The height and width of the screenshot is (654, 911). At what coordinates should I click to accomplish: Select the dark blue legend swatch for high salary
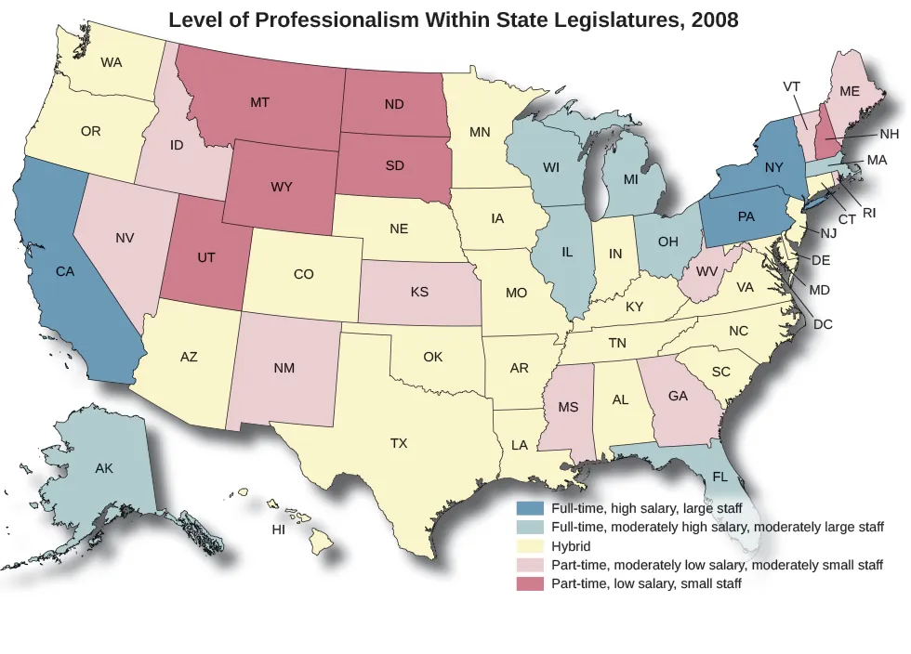click(531, 508)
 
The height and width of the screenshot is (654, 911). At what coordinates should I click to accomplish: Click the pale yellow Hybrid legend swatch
click(531, 546)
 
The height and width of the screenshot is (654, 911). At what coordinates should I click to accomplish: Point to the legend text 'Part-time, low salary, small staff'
click(646, 584)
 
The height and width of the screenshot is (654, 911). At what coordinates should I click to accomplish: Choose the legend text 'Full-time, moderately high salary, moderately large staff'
click(717, 528)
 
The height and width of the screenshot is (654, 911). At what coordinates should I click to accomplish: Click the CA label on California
click(65, 272)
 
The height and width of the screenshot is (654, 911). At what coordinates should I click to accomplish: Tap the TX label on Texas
click(399, 443)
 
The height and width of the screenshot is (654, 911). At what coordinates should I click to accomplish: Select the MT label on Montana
click(260, 102)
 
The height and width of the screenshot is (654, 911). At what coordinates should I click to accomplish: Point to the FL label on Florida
click(720, 477)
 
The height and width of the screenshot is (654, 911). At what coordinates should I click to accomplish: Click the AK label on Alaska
click(104, 468)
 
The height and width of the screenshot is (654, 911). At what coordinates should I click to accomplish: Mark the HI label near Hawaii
click(277, 530)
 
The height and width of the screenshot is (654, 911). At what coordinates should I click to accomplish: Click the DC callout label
click(823, 324)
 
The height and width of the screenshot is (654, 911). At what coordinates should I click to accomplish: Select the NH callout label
click(889, 134)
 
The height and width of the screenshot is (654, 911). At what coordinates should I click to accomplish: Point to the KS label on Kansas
click(419, 292)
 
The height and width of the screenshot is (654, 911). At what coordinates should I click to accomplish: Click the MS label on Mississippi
click(568, 407)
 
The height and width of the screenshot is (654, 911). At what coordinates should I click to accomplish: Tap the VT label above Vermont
click(792, 86)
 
